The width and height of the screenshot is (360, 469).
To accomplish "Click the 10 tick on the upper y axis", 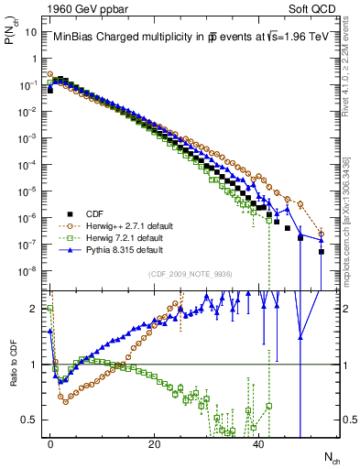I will tap(33, 30).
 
